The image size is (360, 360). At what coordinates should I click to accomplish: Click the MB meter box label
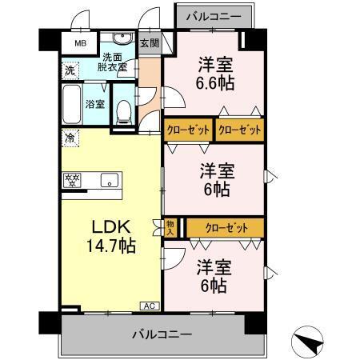(80, 44)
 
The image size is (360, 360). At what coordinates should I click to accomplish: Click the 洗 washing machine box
(70, 70)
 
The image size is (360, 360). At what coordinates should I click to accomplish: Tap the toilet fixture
(122, 110)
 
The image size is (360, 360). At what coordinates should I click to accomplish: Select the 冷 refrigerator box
(70, 138)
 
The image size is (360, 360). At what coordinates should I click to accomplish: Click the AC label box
(149, 306)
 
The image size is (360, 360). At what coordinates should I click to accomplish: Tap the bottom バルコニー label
(162, 334)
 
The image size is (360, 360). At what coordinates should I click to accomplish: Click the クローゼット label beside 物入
(224, 227)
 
